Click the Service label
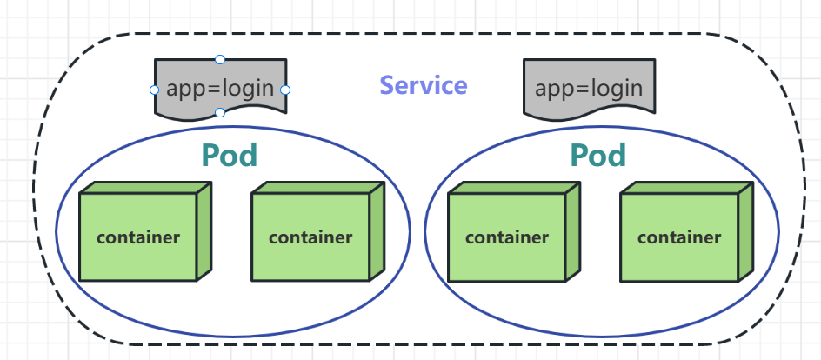(x=424, y=85)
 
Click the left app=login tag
(x=220, y=88)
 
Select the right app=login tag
(x=589, y=88)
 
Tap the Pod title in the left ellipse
(x=230, y=156)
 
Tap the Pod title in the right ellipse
(x=598, y=156)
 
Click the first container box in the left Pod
(x=138, y=237)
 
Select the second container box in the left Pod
(x=310, y=237)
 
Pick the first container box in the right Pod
(x=507, y=237)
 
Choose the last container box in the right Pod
(x=679, y=237)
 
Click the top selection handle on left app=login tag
(x=220, y=59)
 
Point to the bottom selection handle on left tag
(x=220, y=112)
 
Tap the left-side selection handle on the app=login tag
(x=155, y=90)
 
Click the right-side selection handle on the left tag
(x=285, y=90)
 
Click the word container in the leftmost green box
(x=138, y=237)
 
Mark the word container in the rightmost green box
(x=679, y=237)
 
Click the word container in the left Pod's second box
(x=310, y=237)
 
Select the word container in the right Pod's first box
(x=507, y=237)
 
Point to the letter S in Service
(x=387, y=85)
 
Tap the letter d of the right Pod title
(x=617, y=156)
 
